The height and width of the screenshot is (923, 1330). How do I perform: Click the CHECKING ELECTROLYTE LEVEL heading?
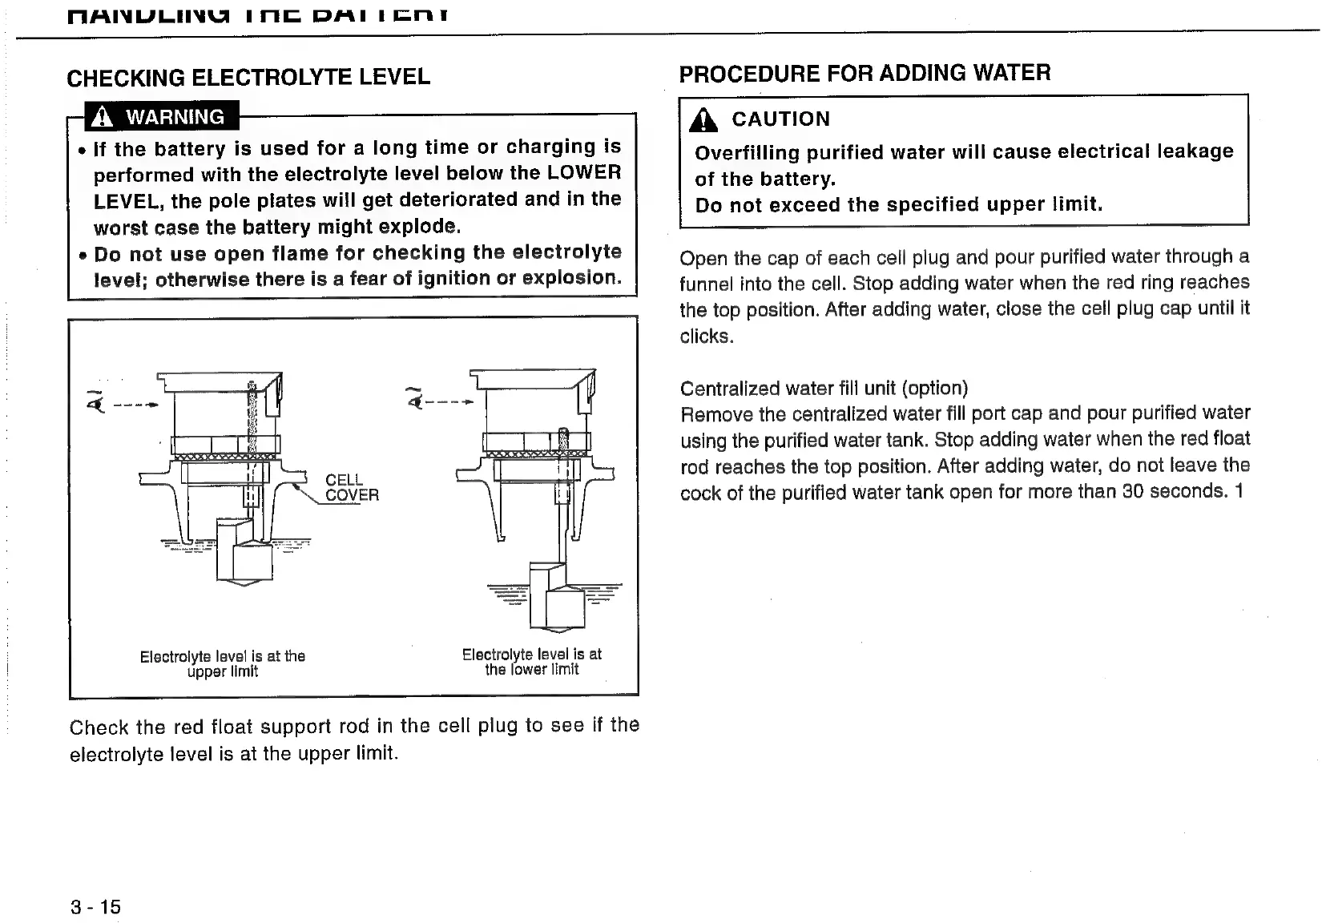248,78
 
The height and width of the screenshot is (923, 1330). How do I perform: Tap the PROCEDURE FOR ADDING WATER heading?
864,74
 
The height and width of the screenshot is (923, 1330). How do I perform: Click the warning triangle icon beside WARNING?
101,117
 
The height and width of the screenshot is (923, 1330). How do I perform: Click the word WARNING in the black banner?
175,117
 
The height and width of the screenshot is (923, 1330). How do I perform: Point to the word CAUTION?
780,119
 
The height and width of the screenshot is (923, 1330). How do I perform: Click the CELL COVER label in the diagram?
351,487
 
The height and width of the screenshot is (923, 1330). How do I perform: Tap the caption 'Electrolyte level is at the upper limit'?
223,663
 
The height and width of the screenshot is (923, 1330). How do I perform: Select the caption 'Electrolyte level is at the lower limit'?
531,662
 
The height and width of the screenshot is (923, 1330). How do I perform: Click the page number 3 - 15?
95,906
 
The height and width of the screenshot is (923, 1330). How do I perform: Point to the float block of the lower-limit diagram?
558,601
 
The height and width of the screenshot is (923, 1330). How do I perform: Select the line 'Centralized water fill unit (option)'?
824,389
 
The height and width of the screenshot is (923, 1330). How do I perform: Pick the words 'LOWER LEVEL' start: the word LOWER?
584,173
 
